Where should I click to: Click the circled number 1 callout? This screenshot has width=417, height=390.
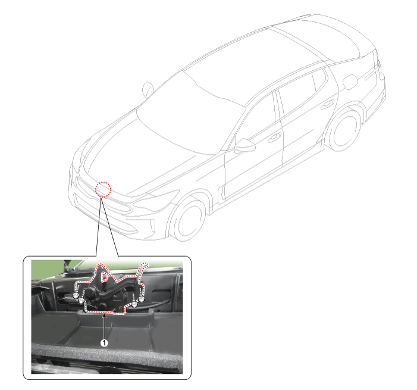pos(104,343)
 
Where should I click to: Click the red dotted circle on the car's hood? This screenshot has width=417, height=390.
pos(103,189)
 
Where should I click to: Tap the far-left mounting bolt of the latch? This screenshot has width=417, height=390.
pos(76,295)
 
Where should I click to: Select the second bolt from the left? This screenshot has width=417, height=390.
pos(81,300)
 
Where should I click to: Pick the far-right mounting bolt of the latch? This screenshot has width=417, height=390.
pos(141,299)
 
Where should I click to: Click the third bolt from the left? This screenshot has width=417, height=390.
pos(134,304)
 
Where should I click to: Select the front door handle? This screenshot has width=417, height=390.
pos(274,138)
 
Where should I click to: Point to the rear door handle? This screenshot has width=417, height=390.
pos(327,104)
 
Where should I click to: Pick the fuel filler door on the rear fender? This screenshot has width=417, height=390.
pos(350,82)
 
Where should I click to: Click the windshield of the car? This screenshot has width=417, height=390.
pos(190,114)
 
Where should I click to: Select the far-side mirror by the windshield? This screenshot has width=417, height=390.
pos(148,90)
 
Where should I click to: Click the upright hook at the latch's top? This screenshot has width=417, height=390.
pos(101,274)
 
